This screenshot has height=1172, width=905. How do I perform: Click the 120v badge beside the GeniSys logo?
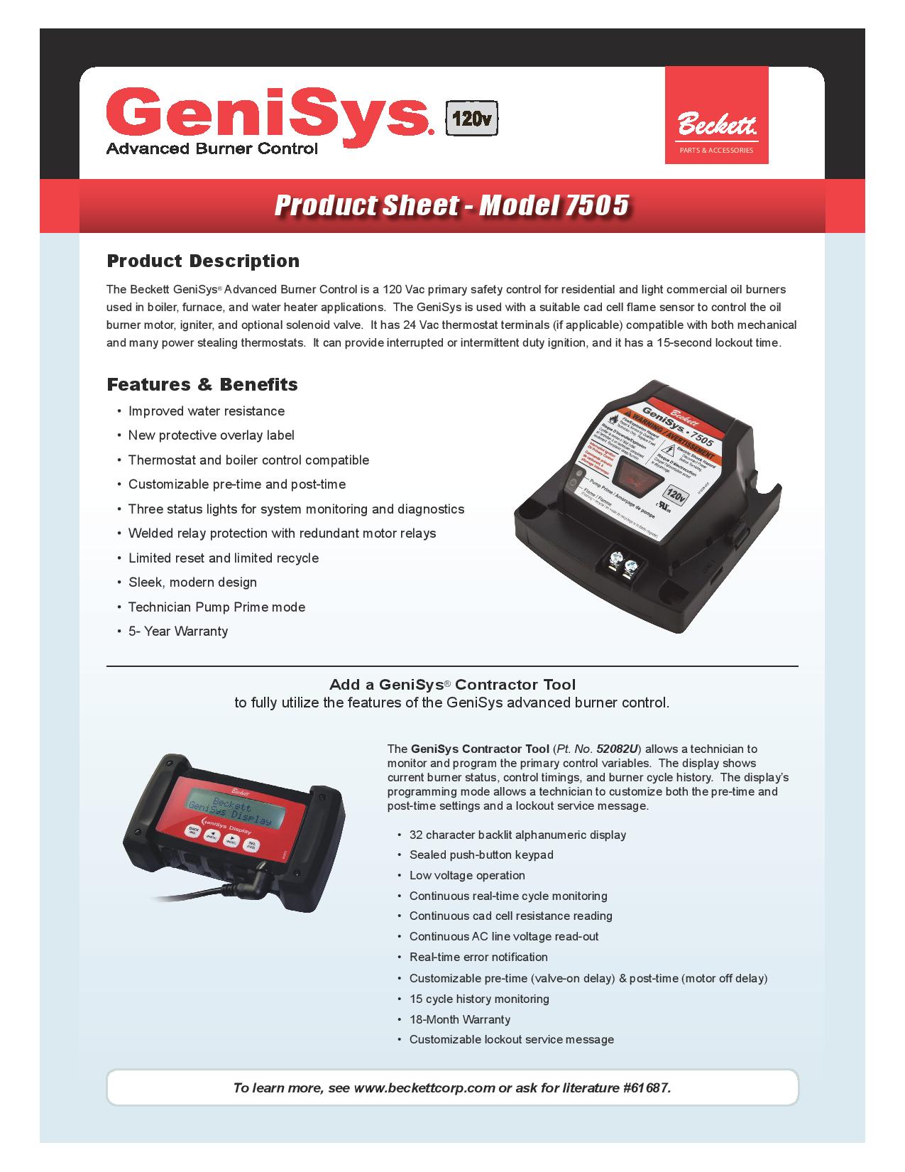pos(471,119)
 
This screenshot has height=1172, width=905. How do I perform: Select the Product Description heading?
pos(203,261)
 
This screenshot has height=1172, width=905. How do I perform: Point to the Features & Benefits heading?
pos(202,384)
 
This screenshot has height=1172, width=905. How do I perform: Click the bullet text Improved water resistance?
pos(206,411)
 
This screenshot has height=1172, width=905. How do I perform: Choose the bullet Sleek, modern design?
pos(192,582)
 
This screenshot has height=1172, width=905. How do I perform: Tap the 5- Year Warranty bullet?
pos(177,631)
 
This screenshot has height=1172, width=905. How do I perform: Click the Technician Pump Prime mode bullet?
pos(216,607)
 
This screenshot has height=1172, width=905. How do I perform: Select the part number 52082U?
pos(617,749)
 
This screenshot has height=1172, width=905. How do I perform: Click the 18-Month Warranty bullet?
pos(459,1019)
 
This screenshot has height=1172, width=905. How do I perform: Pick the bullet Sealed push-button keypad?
pos(481,855)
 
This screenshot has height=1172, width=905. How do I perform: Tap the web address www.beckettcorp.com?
pos(424,1087)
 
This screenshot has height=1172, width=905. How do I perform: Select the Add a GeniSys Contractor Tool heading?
pos(452,685)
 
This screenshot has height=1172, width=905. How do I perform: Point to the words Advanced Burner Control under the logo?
pos(212,148)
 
